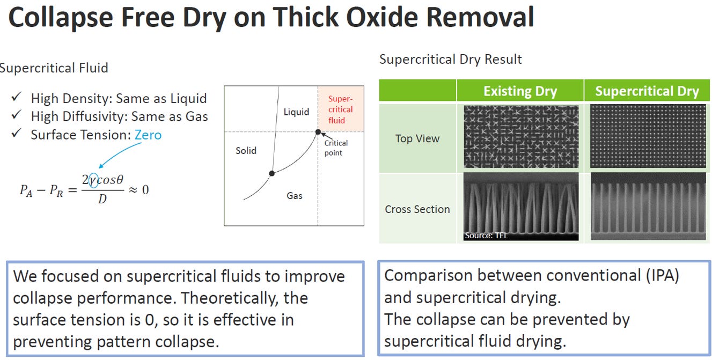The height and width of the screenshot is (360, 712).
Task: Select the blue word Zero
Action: [148, 135]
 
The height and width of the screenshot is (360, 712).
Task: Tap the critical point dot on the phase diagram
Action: [318, 132]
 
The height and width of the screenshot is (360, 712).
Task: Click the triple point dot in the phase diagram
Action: [272, 173]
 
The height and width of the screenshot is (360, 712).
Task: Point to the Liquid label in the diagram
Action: [296, 112]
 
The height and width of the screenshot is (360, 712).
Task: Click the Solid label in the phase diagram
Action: [246, 151]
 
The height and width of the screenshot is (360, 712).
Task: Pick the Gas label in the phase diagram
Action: [295, 196]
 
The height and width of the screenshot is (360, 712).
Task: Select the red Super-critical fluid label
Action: [340, 109]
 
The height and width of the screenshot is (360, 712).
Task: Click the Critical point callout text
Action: [336, 148]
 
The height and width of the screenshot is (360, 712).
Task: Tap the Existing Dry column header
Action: [520, 91]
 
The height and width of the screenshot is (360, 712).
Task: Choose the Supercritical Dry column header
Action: [647, 91]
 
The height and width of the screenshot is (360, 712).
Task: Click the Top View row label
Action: [417, 138]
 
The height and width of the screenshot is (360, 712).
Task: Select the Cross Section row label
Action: [417, 209]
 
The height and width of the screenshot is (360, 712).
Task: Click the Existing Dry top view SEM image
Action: [521, 137]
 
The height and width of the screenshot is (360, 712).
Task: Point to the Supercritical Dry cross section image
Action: [648, 207]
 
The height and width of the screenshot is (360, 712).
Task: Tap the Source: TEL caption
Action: [486, 236]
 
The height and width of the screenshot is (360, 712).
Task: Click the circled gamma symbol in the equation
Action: [93, 180]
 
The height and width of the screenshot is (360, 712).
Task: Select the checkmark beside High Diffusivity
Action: [16, 114]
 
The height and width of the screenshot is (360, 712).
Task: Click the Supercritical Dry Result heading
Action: [450, 60]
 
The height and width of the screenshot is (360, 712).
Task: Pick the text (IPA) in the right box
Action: [663, 275]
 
